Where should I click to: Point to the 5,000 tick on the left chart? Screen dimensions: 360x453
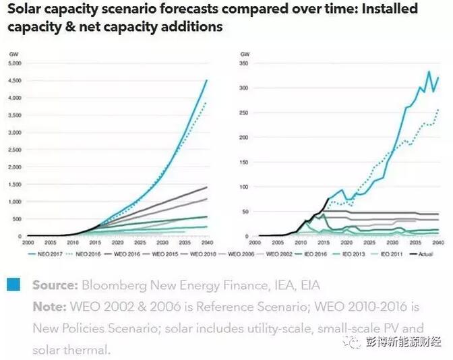coord(14,63)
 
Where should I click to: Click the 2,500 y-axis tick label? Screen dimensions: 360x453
coord(14,150)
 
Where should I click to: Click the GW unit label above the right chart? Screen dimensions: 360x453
coord(245,53)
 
